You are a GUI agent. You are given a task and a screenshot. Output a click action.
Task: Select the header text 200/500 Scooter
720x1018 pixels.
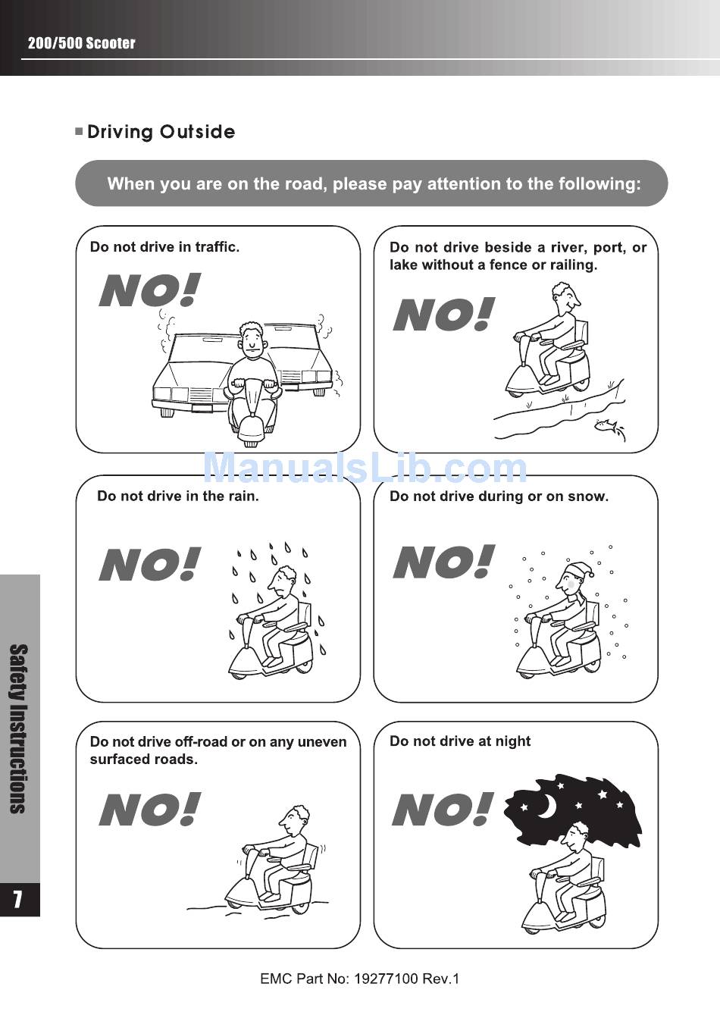82,43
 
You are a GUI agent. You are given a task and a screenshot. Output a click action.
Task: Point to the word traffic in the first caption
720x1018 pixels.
217,247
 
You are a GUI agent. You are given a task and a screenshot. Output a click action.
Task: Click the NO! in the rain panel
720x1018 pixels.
149,564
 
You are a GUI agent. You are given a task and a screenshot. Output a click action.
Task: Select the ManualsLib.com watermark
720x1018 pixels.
365,468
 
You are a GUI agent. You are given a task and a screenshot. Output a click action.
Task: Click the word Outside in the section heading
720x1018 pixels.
197,132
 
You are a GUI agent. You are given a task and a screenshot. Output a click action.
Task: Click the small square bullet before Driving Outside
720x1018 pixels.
79,132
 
